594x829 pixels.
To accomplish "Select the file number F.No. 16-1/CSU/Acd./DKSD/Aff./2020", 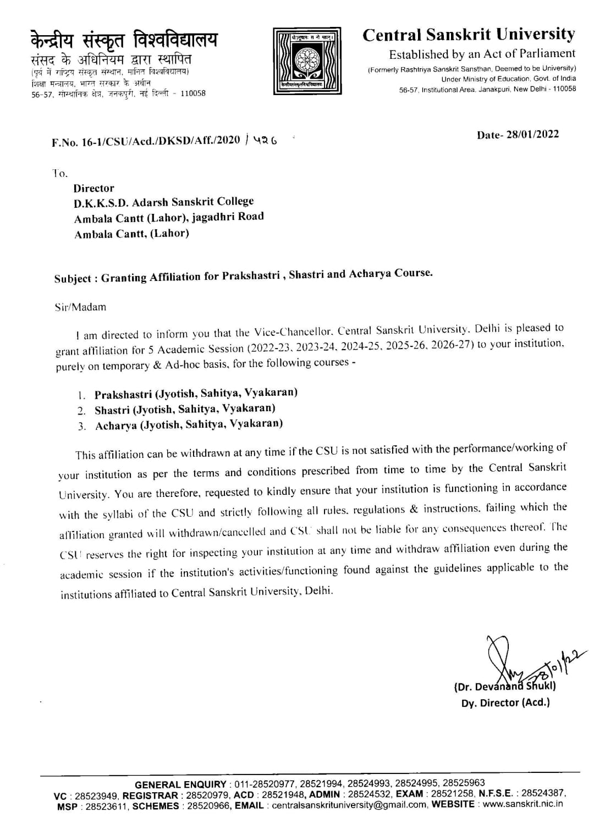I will (146, 141).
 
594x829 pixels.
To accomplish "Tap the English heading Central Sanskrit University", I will (469, 35).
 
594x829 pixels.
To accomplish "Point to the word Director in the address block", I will (94, 188).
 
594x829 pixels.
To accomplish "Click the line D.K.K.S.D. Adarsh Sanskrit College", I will (164, 202).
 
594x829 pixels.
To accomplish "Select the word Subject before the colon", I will (73, 279).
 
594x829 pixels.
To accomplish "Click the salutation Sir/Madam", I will (80, 307).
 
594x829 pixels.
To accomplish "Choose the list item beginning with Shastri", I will (185, 409).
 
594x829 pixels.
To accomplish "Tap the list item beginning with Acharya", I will (189, 424).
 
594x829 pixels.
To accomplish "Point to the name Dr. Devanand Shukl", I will (505, 686).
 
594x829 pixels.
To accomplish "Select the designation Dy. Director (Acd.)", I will (505, 703).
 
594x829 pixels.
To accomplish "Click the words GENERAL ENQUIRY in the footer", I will (180, 784).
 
